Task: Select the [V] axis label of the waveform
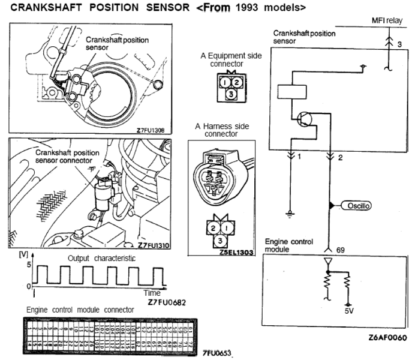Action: tap(24, 254)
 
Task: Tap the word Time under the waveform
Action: tap(152, 293)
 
